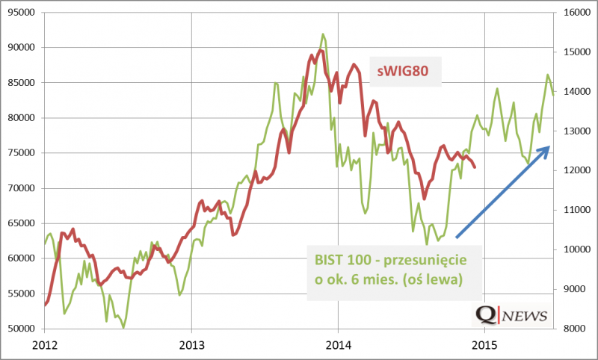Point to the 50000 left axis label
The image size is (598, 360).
click(x=20, y=329)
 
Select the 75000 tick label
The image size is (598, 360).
click(x=20, y=152)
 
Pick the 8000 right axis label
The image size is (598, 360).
click(x=576, y=329)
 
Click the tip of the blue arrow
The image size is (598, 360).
click(x=549, y=146)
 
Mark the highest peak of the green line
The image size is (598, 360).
click(x=323, y=34)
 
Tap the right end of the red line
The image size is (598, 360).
click(x=475, y=167)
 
